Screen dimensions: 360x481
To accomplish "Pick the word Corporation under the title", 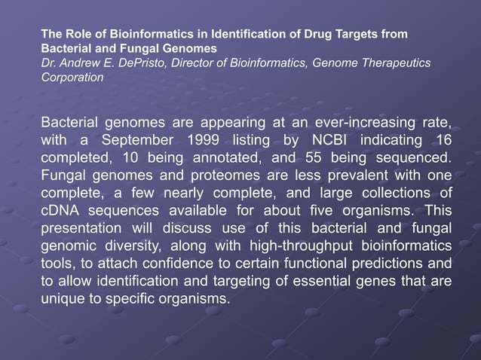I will pos(72,77).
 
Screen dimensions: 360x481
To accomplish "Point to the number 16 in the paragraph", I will pos(443,141).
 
